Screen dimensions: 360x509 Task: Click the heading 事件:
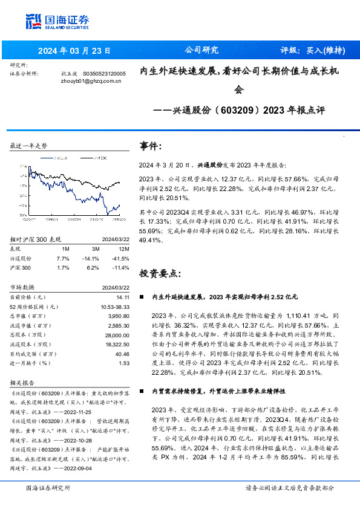tap(151, 146)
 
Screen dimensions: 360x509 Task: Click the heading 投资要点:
tap(160, 273)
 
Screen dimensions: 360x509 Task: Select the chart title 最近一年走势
tap(29, 146)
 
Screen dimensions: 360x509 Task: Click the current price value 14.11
tap(123, 297)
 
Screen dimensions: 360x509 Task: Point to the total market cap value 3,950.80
tap(119, 316)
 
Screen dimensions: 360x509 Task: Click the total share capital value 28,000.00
tap(117, 334)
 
